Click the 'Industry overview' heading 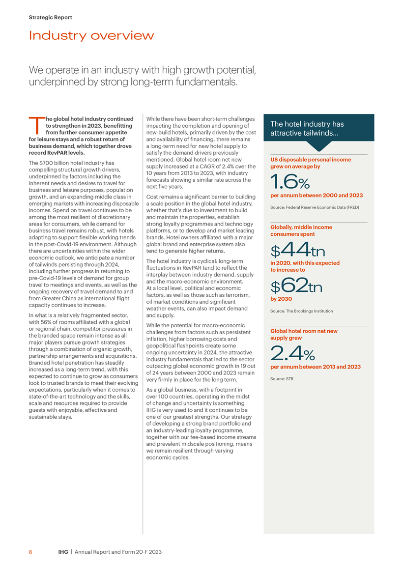91,36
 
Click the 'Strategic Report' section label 50,17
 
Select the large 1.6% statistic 290,182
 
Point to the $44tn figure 298,250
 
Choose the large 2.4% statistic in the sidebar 292,353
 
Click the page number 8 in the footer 30,552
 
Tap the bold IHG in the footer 63,552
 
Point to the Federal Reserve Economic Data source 315,207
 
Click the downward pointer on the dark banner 319,146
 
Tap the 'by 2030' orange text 281,299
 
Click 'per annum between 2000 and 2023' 317,196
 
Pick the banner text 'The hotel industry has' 307,124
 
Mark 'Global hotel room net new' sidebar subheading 304,331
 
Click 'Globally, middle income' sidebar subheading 301,228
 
